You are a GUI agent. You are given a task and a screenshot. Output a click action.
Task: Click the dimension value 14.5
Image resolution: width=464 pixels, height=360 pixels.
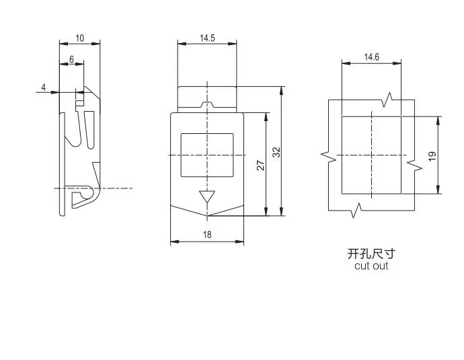pyautogui.click(x=207, y=38)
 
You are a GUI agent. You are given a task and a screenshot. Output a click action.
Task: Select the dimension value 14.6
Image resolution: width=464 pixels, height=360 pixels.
pyautogui.click(x=372, y=57)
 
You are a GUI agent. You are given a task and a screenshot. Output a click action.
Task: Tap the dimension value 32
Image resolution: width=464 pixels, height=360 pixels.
pyautogui.click(x=276, y=152)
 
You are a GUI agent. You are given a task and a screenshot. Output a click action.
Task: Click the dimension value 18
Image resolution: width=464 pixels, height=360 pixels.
pyautogui.click(x=207, y=235)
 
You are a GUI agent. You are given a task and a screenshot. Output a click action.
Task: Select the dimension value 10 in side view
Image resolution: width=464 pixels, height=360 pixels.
pyautogui.click(x=79, y=38)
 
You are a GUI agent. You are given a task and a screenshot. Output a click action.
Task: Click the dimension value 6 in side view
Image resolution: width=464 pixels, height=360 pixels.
pyautogui.click(x=71, y=59)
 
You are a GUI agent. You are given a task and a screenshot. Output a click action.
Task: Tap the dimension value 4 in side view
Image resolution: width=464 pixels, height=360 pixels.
pyautogui.click(x=44, y=87)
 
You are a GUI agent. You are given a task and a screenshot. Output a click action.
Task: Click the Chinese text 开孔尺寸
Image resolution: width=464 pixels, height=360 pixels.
pyautogui.click(x=371, y=254)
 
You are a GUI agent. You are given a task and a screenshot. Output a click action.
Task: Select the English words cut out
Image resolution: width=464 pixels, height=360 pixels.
pyautogui.click(x=371, y=266)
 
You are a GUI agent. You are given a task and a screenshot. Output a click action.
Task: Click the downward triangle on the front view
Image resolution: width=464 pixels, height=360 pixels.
pyautogui.click(x=207, y=197)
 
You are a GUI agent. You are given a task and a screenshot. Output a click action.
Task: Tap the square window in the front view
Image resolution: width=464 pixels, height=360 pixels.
pyautogui.click(x=207, y=155)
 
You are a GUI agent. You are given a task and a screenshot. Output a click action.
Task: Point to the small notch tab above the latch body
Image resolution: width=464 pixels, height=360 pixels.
pyautogui.click(x=207, y=105)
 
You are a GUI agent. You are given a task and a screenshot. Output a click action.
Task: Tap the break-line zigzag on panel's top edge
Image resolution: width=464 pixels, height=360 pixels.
pyautogui.click(x=389, y=100)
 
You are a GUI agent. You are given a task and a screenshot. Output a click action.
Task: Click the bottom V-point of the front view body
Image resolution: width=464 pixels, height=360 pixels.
pyautogui.click(x=207, y=216)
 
